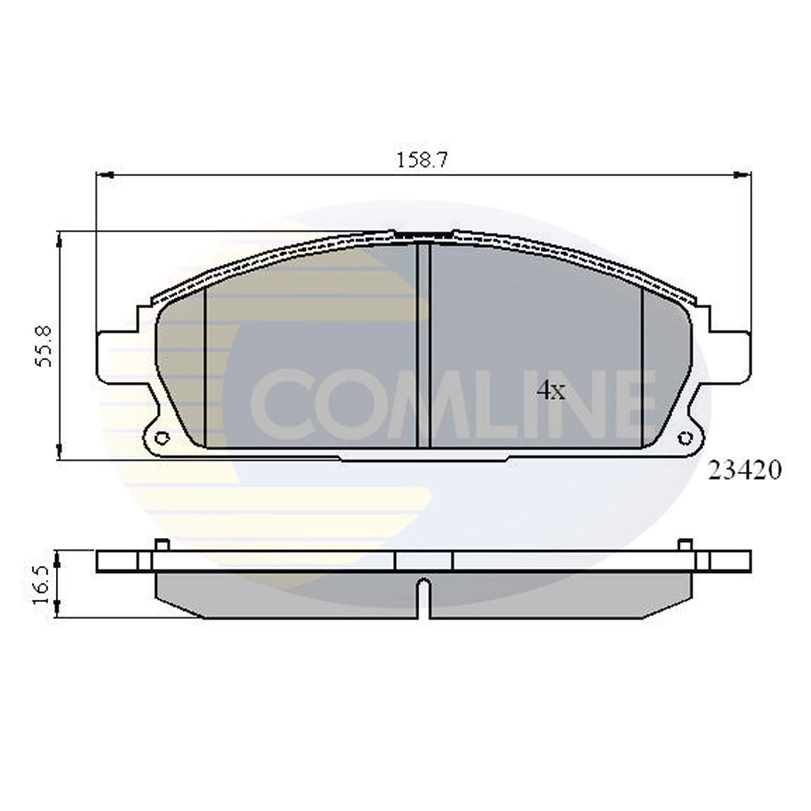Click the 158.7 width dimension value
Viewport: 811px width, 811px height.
(422, 161)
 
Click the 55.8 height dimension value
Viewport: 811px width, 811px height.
(44, 346)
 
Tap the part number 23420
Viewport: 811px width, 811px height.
(744, 470)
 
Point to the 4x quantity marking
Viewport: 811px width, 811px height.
(550, 391)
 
